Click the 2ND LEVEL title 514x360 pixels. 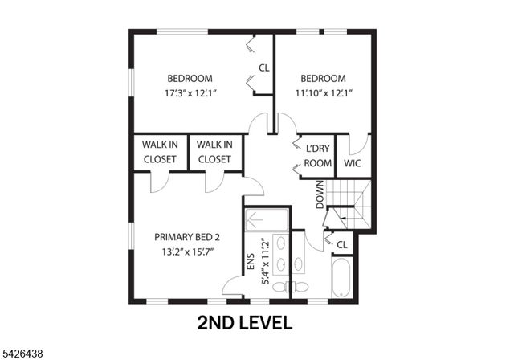coord(245,324)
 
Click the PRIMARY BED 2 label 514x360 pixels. coord(186,237)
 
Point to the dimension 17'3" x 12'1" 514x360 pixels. coord(190,92)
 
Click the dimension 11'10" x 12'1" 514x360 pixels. coord(323,92)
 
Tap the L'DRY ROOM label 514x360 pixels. coord(319,156)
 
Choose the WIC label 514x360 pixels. coord(353,163)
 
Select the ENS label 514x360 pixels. coord(249,266)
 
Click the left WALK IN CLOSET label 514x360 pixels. coord(160,152)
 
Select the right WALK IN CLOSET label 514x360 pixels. coord(214,152)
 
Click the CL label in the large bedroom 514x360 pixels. coord(263,67)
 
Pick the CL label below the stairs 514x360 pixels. coord(341,244)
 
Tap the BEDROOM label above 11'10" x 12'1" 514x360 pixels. coord(323,78)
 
